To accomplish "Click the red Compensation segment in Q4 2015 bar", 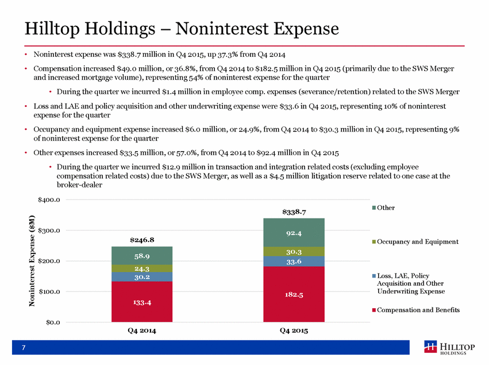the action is (294, 294).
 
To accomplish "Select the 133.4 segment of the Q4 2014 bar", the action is (142, 302).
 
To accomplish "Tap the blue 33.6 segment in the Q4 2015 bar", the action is (294, 261).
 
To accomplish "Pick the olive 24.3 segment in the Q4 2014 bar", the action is (142, 268).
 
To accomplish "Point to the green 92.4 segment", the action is (294, 232).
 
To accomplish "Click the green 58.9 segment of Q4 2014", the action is (142, 256).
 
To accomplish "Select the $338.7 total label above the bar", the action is (294, 212).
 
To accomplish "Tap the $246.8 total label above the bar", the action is (142, 240).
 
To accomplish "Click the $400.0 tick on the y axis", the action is (49, 199).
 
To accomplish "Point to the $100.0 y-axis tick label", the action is (49, 291).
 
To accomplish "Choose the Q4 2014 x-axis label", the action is (142, 331).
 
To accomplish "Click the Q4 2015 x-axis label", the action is (294, 331).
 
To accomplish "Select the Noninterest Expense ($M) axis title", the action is (32, 261).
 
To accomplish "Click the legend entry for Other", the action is (383, 208).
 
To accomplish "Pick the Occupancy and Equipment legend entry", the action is (415, 242).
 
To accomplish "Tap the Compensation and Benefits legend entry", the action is (415, 310).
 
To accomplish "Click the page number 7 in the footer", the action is (24, 348).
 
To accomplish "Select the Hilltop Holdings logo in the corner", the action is (449, 348).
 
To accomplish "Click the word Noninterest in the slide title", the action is (222, 29).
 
